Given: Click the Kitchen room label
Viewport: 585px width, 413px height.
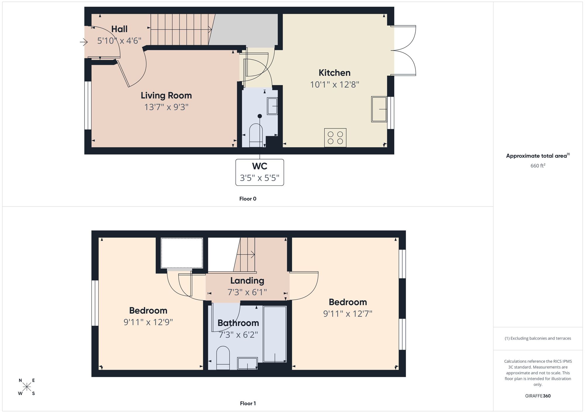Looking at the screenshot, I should (x=334, y=73).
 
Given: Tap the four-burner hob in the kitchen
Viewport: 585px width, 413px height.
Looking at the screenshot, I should (x=335, y=138).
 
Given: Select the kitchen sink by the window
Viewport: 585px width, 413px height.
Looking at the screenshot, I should (x=379, y=109).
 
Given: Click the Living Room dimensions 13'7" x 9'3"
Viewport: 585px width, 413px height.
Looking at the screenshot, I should (x=166, y=107).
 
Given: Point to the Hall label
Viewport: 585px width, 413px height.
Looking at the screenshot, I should (x=119, y=29).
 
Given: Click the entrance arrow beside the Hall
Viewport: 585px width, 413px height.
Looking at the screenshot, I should (x=84, y=43).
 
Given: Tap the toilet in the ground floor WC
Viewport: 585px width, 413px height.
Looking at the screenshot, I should (x=256, y=135).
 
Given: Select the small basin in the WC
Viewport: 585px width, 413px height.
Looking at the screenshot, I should (x=272, y=106).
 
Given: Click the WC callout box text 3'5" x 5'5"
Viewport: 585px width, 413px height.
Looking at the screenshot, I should (x=259, y=178).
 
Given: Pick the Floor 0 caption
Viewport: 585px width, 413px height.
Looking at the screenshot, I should (x=248, y=199).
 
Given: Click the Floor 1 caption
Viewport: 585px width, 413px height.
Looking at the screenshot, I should (x=248, y=403).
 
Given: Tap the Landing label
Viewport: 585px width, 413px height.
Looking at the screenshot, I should (x=247, y=281).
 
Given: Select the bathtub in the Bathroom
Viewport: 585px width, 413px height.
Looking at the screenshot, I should (x=275, y=334).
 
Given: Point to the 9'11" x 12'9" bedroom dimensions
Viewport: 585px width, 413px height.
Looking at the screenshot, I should (x=148, y=322).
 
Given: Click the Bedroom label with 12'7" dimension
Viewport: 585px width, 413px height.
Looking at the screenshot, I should (x=347, y=302).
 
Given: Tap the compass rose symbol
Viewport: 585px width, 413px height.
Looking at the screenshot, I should (x=27, y=387).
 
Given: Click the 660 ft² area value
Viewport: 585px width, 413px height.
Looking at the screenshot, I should (x=538, y=166).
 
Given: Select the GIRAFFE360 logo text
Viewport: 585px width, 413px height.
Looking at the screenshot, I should (x=538, y=396).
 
